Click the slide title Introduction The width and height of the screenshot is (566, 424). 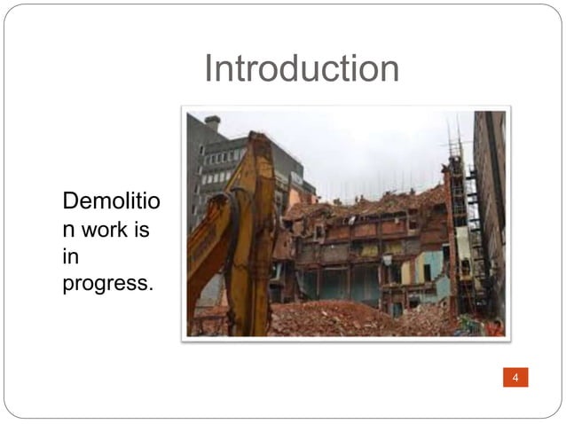(302, 68)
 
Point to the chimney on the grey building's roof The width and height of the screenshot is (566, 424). (212, 122)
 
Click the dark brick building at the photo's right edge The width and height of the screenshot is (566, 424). (490, 204)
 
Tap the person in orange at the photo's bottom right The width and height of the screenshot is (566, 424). (495, 326)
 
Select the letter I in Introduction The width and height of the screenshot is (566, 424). (208, 68)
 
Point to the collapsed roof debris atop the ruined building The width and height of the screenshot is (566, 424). (373, 207)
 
